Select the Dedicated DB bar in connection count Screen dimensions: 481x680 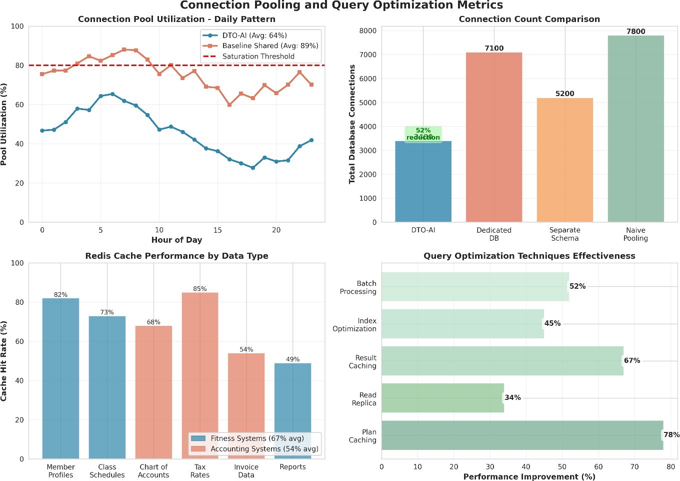(x=493, y=137)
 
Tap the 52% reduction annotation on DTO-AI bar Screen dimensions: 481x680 (x=423, y=134)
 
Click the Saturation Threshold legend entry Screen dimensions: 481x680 (x=258, y=57)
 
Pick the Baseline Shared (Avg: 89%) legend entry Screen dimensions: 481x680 (x=270, y=46)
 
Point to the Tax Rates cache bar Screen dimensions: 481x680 (x=200, y=375)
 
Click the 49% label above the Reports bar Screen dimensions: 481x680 (x=292, y=359)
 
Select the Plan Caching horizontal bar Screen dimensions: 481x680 (x=522, y=435)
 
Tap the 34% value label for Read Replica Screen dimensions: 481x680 (x=512, y=398)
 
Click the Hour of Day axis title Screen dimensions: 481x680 (x=176, y=240)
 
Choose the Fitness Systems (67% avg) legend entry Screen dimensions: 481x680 (x=257, y=438)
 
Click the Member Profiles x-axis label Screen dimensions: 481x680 (x=60, y=471)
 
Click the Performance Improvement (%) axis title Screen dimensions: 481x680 (x=529, y=476)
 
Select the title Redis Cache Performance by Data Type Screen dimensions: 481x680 (x=176, y=256)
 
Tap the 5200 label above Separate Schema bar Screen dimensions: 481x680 (x=564, y=94)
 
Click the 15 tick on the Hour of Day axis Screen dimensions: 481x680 (x=217, y=230)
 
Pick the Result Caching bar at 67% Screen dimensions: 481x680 (x=502, y=361)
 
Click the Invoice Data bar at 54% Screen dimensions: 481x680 (x=246, y=406)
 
